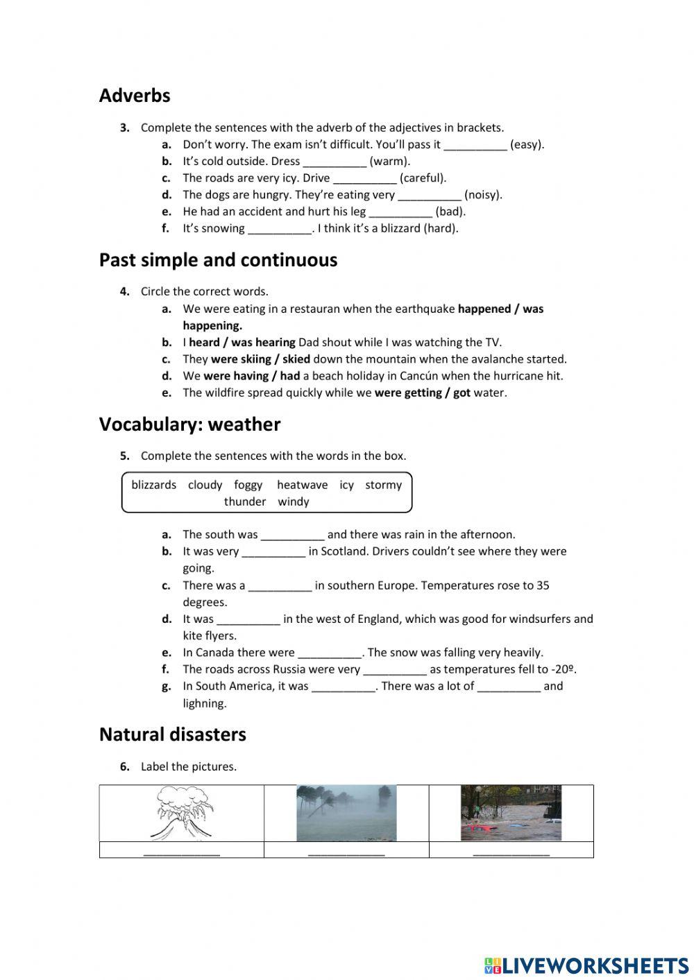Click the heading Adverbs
point(135,96)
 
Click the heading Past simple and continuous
point(218,260)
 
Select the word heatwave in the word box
point(302,485)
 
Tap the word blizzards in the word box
point(153,485)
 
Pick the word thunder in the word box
point(245,501)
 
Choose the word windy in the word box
point(293,501)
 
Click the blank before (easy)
point(475,146)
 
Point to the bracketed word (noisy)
point(483,195)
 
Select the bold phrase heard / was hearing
point(242,342)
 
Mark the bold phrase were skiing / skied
point(260,359)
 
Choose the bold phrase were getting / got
point(422,393)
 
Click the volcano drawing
point(182,813)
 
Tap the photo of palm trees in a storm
point(346,813)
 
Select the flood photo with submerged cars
point(511,813)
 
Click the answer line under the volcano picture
point(182,852)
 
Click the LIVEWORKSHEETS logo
point(586,965)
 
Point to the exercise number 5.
point(125,456)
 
